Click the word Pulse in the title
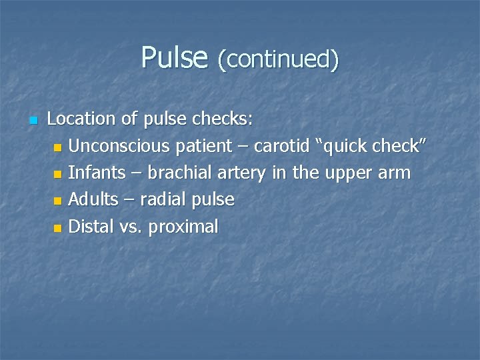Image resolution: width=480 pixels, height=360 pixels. [175, 58]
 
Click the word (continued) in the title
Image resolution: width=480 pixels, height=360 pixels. [278, 60]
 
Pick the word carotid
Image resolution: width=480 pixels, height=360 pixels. [281, 146]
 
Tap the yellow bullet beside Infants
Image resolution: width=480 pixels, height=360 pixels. [58, 174]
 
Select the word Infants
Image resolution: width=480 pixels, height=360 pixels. [96, 173]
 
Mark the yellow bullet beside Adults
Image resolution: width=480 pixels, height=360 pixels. [58, 201]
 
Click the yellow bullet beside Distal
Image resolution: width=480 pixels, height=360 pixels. [58, 228]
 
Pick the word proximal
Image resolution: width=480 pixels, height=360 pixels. [183, 227]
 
